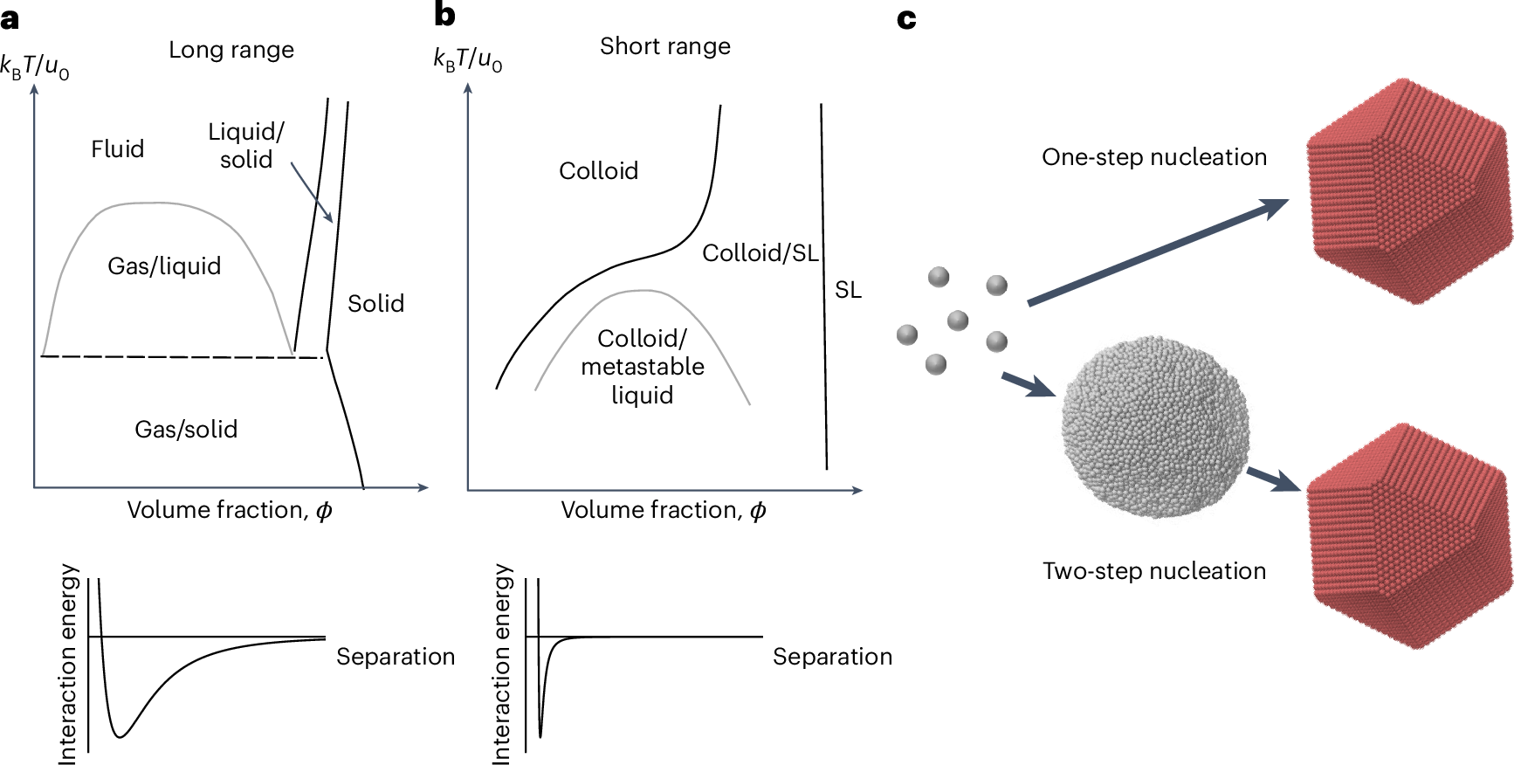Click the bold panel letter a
10,18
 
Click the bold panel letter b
444,15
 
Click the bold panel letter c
906,18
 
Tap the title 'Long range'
231,50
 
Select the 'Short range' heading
665,46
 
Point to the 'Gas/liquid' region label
164,265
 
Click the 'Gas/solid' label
186,429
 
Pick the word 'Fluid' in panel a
117,149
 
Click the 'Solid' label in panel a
375,304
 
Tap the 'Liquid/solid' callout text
246,146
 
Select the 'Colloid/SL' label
760,253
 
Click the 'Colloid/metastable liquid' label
643,367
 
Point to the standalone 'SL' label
848,290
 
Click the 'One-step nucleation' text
1154,157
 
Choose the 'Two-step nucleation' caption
1154,571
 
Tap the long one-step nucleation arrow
1157,252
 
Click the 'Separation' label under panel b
832,657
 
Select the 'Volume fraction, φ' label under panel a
230,510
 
